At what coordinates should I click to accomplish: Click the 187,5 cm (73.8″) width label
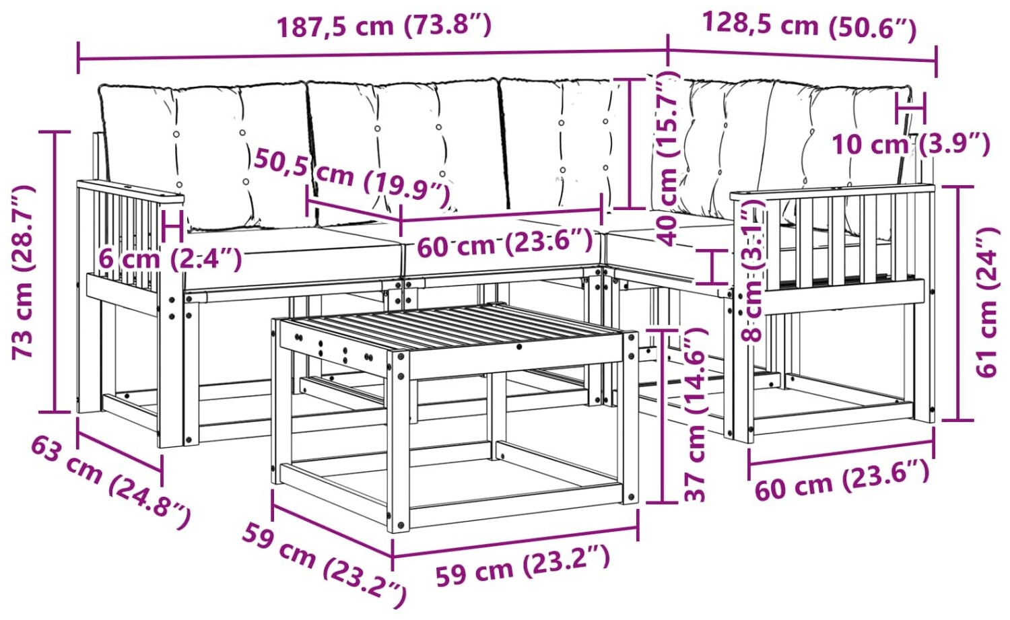coord(384,26)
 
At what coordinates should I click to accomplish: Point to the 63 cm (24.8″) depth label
coord(111,483)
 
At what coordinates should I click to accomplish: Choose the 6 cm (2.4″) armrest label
coord(170,260)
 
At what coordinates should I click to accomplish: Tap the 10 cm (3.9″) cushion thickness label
coord(911,144)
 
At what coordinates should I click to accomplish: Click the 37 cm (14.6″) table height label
coord(694,415)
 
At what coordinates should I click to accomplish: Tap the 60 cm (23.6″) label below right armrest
coord(842,481)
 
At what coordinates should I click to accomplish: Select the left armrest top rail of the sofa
coord(131,190)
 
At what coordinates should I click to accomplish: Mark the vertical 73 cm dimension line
coord(55,272)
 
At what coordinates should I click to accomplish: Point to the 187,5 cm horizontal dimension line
coord(372,55)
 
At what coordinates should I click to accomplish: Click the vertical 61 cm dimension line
coord(958,303)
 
